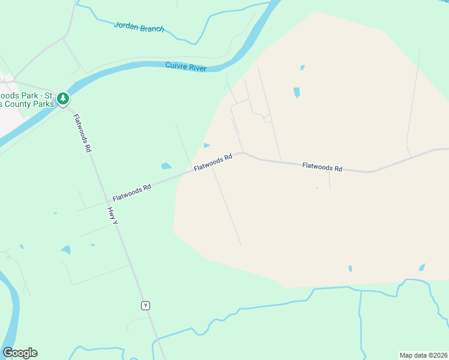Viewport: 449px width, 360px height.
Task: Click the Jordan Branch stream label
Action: (x=139, y=28)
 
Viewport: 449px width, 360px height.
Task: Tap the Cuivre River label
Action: (x=185, y=66)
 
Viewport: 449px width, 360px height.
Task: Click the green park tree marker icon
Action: (x=63, y=98)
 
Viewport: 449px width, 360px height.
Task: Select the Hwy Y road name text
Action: (x=112, y=217)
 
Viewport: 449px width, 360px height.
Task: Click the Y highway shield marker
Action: (x=145, y=305)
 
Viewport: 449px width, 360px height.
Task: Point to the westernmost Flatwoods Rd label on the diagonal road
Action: (x=131, y=193)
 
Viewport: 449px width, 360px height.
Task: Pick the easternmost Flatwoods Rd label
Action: (x=322, y=167)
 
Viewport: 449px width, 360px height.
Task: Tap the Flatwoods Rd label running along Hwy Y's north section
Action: (x=82, y=133)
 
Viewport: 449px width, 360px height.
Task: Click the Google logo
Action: (x=20, y=353)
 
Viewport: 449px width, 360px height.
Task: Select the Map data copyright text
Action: (x=423, y=355)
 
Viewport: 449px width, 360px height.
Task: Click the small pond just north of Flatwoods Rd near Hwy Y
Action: (x=166, y=166)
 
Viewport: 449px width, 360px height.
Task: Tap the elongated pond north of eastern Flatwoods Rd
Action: (x=297, y=92)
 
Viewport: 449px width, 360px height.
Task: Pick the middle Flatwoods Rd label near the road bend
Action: (x=212, y=163)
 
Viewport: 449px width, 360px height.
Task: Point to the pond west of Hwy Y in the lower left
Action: (x=65, y=249)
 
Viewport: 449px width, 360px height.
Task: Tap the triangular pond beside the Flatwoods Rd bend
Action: (x=206, y=145)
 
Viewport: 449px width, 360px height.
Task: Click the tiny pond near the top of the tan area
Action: (x=302, y=67)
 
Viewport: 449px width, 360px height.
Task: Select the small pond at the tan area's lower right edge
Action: (x=422, y=267)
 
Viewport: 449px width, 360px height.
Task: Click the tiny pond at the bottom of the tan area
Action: (x=350, y=269)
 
